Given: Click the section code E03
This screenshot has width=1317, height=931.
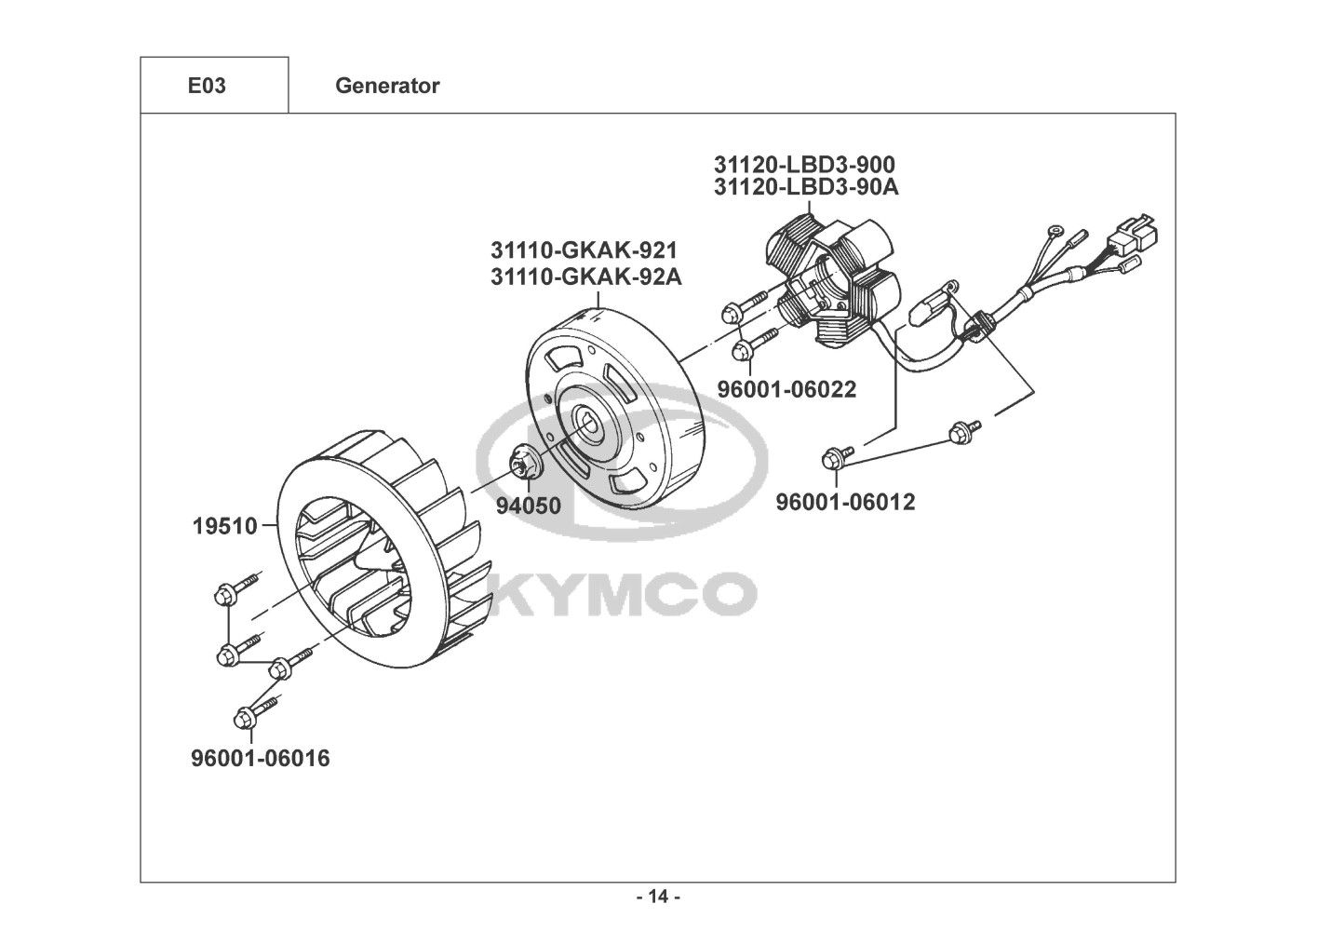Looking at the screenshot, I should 207,87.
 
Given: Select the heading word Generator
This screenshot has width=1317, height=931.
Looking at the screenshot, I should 387,87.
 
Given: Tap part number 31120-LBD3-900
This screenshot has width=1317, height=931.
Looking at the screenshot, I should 804,165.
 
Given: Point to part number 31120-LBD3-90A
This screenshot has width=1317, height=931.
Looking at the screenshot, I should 806,187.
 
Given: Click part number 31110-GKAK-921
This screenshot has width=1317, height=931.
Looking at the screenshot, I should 584,251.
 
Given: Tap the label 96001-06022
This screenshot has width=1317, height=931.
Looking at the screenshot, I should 786,388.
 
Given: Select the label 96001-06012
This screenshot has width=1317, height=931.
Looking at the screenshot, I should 845,502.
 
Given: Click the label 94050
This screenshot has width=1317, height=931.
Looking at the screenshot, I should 528,506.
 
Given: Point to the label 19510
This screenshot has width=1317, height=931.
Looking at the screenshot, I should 224,526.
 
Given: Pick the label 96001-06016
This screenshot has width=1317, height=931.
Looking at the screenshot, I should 261,759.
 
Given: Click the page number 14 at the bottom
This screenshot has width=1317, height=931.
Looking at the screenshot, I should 658,897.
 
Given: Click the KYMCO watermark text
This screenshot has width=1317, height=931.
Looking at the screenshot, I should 621,593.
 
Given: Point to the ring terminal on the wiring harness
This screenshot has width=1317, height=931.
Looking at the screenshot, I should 1055,232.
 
